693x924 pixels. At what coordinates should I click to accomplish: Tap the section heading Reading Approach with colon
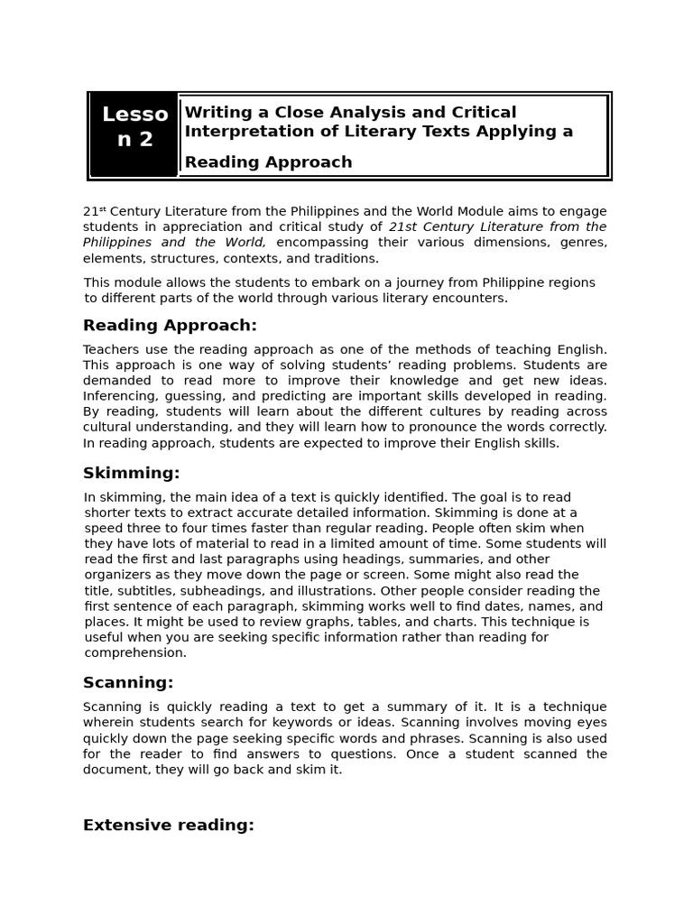[x=170, y=326]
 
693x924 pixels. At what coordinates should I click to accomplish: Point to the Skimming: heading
[x=132, y=474]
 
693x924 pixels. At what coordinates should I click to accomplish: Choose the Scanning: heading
[x=128, y=683]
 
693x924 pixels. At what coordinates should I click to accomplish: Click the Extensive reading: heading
[x=169, y=826]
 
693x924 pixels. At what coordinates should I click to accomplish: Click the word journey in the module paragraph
[x=395, y=283]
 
